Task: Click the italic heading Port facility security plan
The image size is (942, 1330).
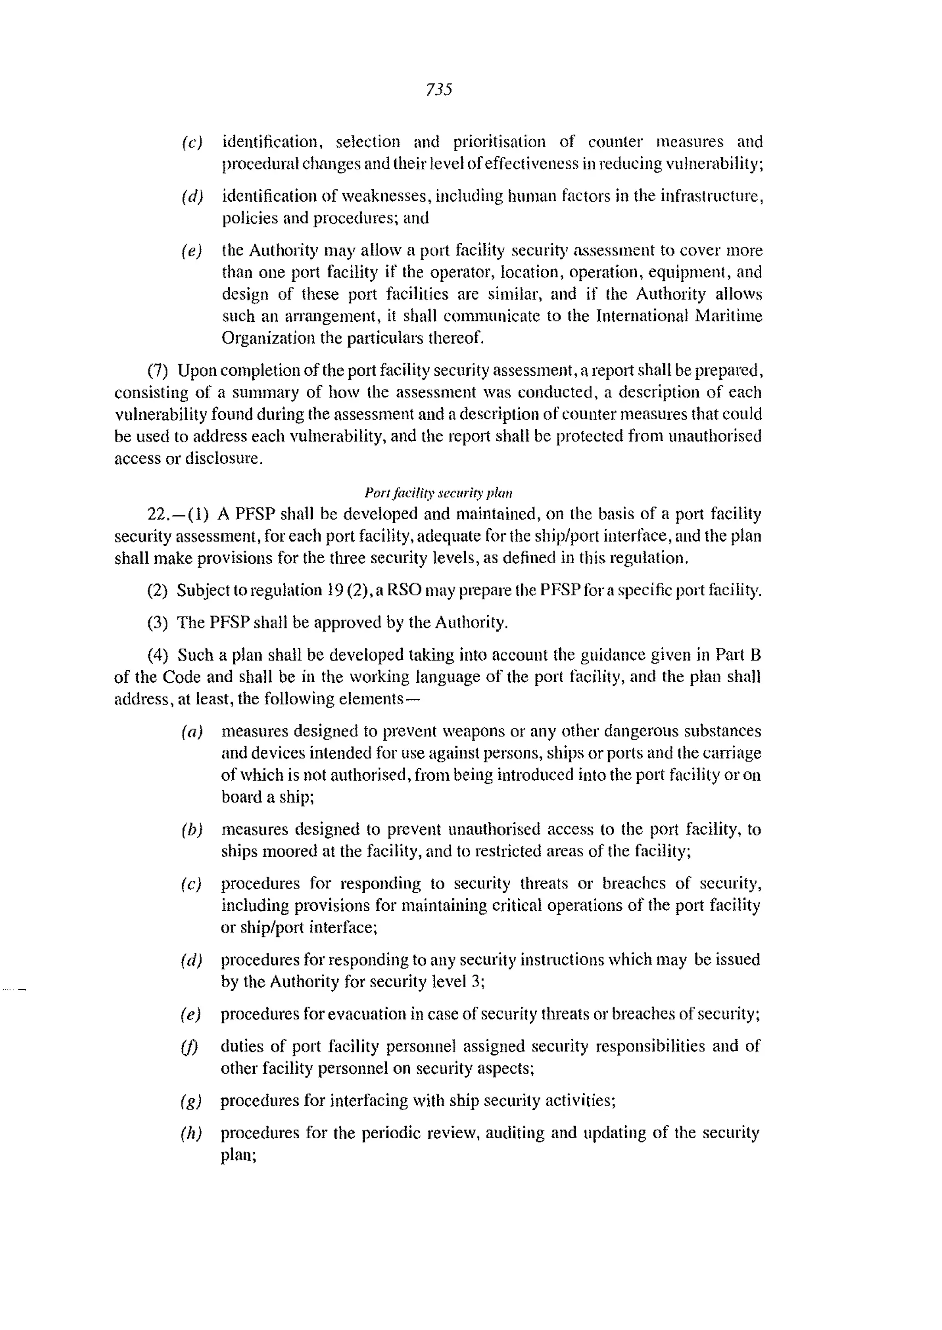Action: [438, 493]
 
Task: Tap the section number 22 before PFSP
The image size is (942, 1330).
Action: [158, 514]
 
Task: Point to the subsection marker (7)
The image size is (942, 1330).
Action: [158, 371]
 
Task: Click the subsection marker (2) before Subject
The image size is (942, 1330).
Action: [158, 590]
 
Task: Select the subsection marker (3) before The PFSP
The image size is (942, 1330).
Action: [158, 622]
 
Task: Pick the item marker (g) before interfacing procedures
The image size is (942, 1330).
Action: [191, 1101]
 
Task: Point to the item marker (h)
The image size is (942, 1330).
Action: [191, 1133]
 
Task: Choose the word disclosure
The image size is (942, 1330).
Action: [224, 459]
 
